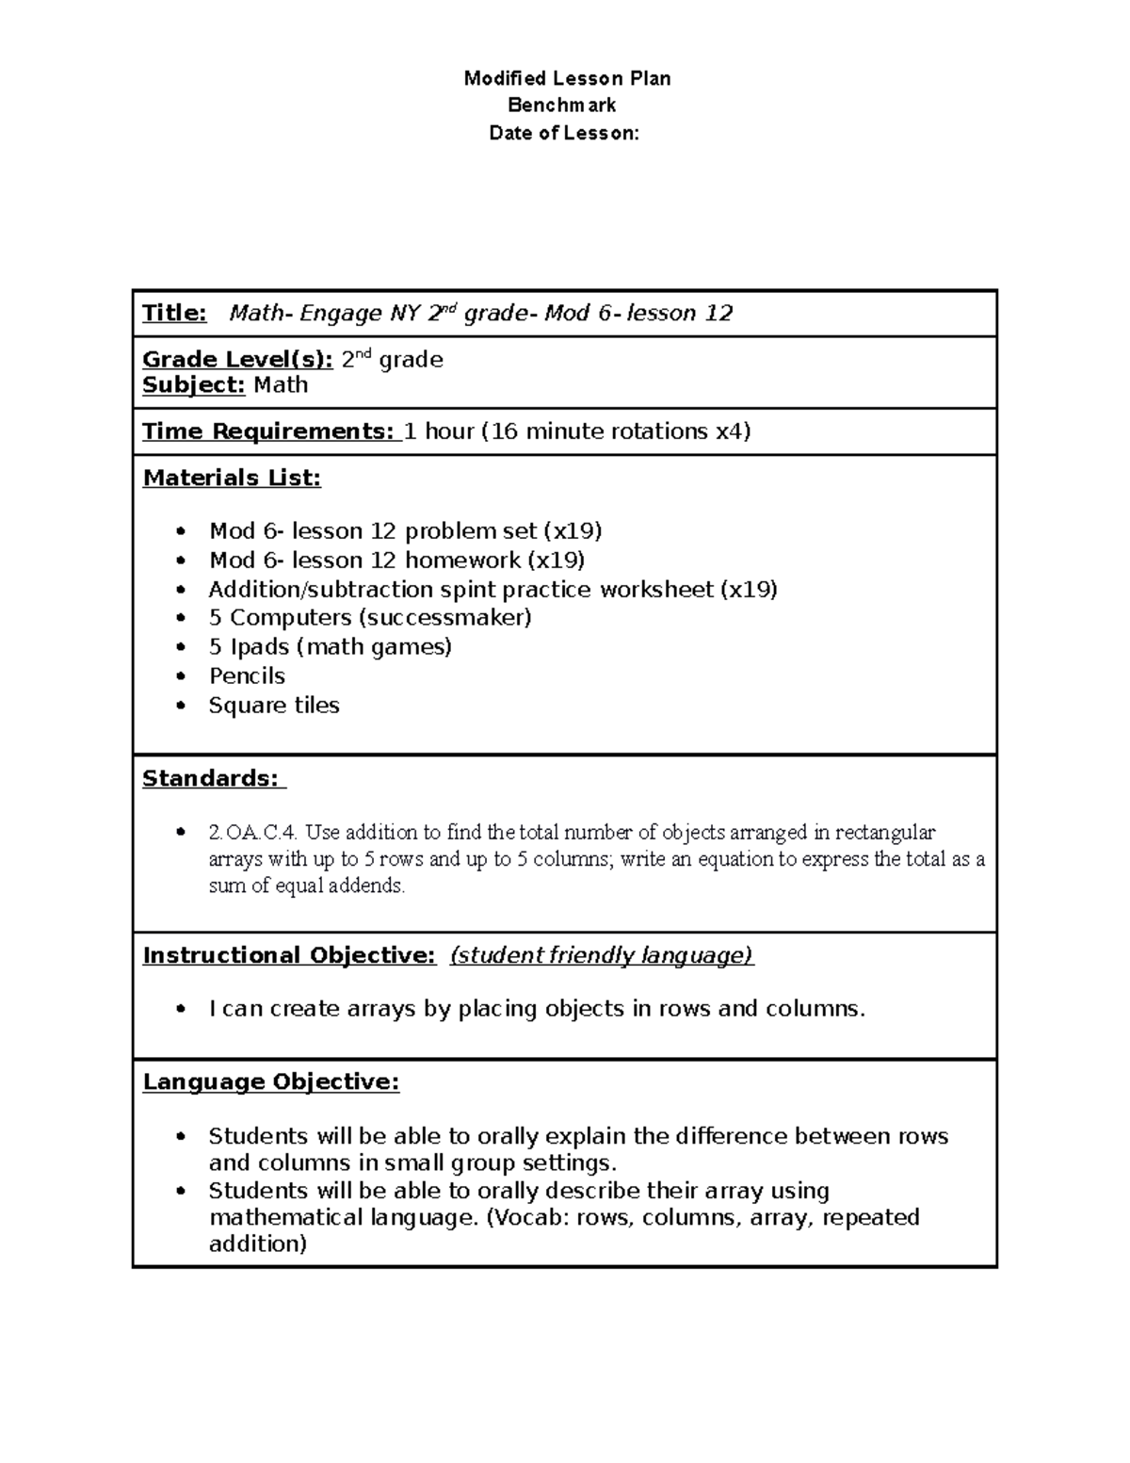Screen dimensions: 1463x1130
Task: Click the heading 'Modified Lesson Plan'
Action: (567, 78)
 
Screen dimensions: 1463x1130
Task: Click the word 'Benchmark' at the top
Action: (562, 106)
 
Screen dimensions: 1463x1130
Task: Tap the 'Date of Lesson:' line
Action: (564, 133)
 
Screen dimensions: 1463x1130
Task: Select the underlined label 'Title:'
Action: (174, 313)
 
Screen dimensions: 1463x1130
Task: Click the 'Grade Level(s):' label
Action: (237, 359)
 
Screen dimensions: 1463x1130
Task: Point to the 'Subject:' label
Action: (193, 384)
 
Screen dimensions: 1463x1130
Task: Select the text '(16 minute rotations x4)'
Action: (616, 431)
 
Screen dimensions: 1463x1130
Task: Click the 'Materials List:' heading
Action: (232, 478)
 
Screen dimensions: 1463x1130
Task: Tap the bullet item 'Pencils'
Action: (247, 675)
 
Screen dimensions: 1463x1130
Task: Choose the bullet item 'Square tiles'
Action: (274, 705)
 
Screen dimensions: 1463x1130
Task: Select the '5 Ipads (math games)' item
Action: (330, 646)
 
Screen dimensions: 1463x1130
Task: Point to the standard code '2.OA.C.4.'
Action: (253, 832)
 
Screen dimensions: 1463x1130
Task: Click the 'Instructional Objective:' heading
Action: (289, 955)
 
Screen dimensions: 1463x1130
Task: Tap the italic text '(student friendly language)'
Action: (602, 955)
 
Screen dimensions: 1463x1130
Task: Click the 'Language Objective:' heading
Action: (271, 1081)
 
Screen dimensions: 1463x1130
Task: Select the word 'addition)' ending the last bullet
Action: (258, 1244)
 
